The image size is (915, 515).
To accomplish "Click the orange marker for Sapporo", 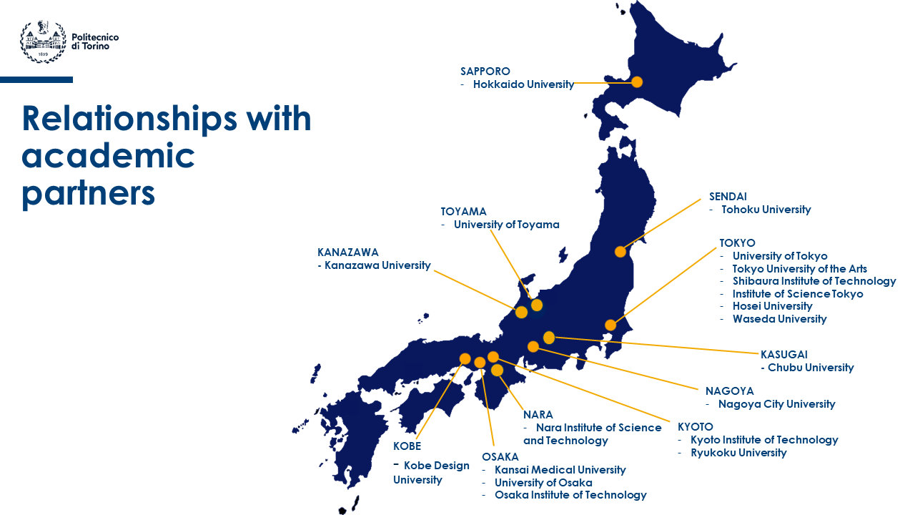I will pyautogui.click(x=637, y=82).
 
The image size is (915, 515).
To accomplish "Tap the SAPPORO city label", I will pyautogui.click(x=485, y=72).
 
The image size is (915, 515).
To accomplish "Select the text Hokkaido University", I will pyautogui.click(x=523, y=84).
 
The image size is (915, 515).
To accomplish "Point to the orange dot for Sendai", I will pyautogui.click(x=620, y=252).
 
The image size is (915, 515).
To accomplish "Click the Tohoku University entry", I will pyautogui.click(x=766, y=210).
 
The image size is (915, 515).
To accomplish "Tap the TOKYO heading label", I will pyautogui.click(x=737, y=243).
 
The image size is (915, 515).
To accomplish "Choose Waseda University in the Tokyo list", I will pyautogui.click(x=779, y=319).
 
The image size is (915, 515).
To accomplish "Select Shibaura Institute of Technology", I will pyautogui.click(x=813, y=281).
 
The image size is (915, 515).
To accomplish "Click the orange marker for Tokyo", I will pyautogui.click(x=610, y=325).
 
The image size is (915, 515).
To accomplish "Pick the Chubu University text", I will pyautogui.click(x=810, y=368).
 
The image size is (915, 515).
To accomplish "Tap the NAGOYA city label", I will pyautogui.click(x=729, y=391).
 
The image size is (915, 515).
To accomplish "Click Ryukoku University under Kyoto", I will pyautogui.click(x=738, y=453).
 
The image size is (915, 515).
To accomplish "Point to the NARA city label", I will pyautogui.click(x=538, y=415).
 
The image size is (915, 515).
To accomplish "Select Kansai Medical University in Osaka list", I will pyautogui.click(x=560, y=470).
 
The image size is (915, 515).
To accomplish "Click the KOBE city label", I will pyautogui.click(x=407, y=446).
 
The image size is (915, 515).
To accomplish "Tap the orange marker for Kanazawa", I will pyautogui.click(x=521, y=312).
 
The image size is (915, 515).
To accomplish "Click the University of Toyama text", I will pyautogui.click(x=506, y=225).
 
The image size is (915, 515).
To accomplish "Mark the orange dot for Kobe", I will pyautogui.click(x=465, y=359).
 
